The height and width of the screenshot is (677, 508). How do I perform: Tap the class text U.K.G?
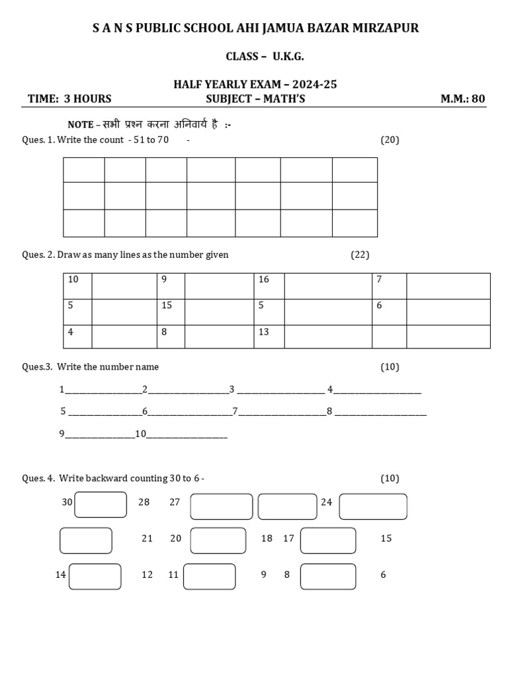click(x=288, y=56)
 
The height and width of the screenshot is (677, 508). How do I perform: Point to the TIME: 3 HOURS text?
click(x=69, y=99)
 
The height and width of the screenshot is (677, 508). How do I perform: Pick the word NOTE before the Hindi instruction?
click(x=81, y=125)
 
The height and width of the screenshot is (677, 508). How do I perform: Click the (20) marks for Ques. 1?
click(x=390, y=139)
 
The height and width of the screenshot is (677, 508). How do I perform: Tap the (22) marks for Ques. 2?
click(x=360, y=255)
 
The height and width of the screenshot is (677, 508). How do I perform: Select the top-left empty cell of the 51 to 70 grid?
click(x=84, y=170)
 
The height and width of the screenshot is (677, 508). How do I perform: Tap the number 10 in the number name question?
click(x=140, y=434)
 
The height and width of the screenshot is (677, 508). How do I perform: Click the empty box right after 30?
click(x=101, y=504)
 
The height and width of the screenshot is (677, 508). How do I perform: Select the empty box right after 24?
click(x=373, y=506)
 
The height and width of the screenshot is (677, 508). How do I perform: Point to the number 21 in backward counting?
click(x=147, y=539)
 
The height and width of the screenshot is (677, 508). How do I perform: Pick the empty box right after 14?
click(x=95, y=576)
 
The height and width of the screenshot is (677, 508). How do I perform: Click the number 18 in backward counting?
click(x=267, y=539)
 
